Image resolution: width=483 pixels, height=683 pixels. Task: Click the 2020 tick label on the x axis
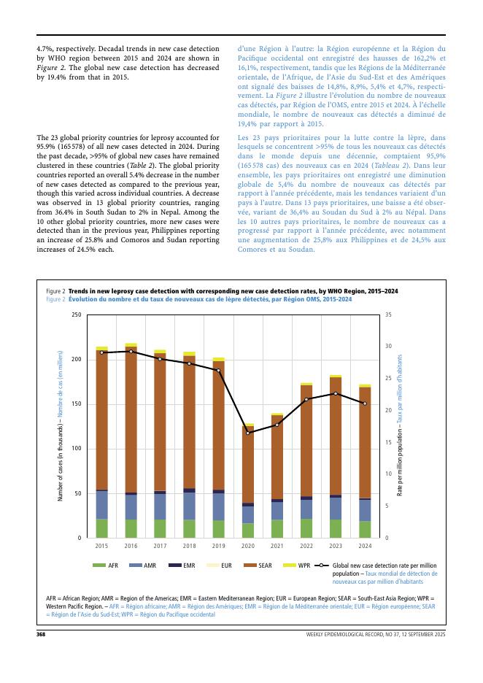click(248, 545)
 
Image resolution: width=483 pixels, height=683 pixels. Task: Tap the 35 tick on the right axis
click(388, 315)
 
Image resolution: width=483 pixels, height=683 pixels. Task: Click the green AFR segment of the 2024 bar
click(365, 530)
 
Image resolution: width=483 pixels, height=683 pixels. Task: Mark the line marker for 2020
click(248, 433)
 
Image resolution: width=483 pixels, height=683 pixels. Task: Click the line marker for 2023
click(336, 394)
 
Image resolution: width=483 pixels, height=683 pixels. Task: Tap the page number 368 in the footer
click(42, 635)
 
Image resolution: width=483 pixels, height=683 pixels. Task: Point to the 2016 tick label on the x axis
click(131, 545)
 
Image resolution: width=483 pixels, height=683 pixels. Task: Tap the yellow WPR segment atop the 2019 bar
click(219, 359)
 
